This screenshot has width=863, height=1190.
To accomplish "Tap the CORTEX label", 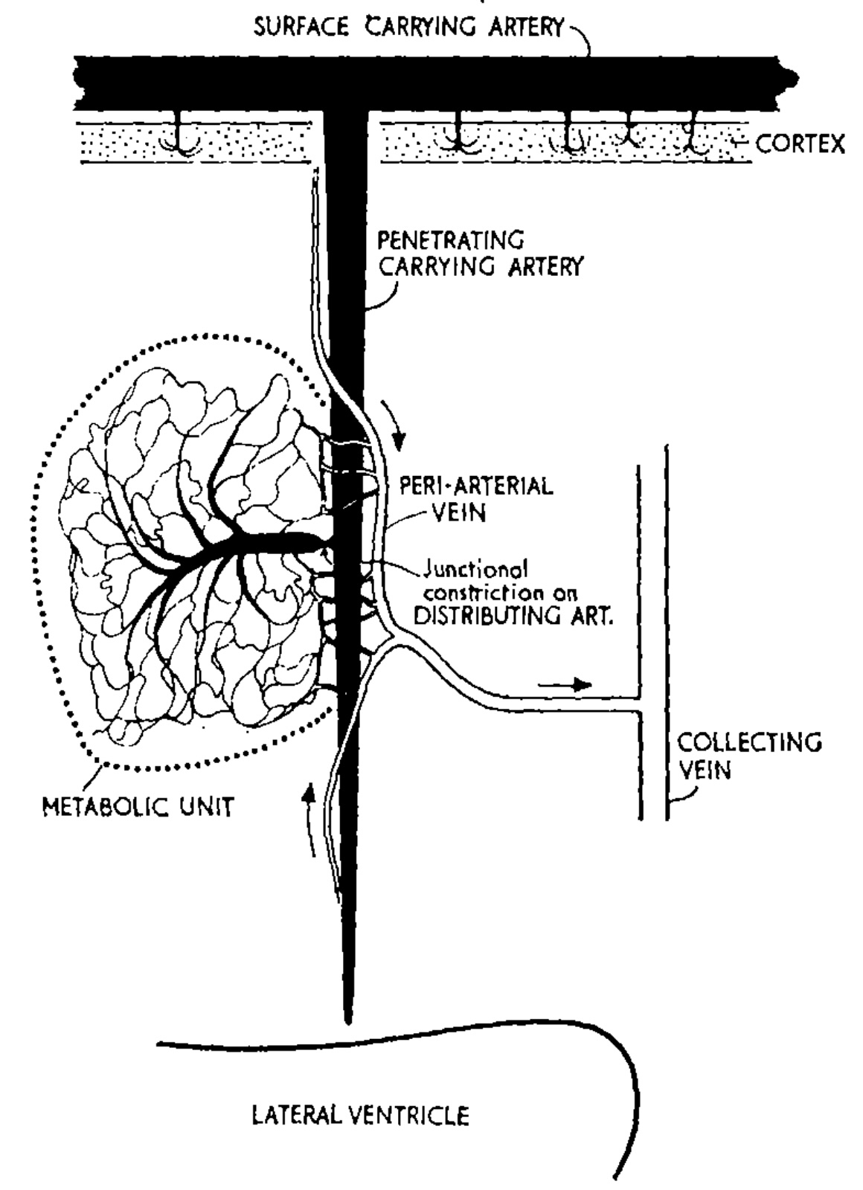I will [x=801, y=143].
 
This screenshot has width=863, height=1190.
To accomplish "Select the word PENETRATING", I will [x=451, y=241].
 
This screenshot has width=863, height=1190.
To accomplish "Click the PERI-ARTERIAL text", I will [x=477, y=487].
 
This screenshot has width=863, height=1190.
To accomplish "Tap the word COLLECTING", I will [x=750, y=742].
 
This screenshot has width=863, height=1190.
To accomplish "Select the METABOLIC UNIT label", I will [x=138, y=805].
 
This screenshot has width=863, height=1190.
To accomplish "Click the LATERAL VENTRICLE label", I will [x=361, y=1116].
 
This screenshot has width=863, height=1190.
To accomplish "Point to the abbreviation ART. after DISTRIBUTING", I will [x=591, y=617].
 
